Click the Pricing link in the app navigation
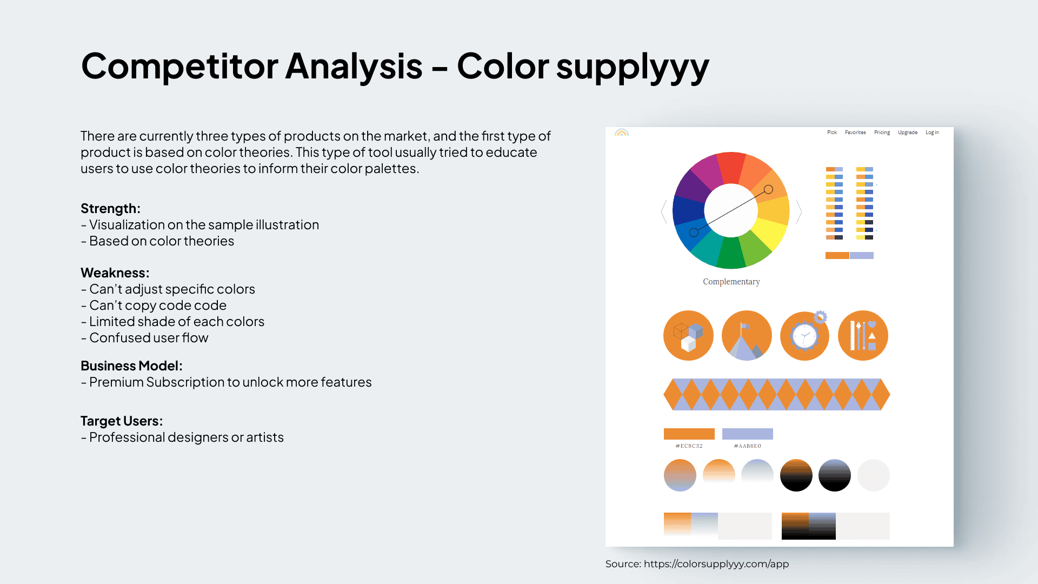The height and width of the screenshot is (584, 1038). pos(882,132)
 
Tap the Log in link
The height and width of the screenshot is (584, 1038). pos(932,132)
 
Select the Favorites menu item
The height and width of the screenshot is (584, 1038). pos(855,132)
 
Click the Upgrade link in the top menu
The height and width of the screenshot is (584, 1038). pos(908,132)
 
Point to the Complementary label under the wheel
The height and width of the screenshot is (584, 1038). pos(731,282)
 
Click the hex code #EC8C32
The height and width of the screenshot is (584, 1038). pos(689,446)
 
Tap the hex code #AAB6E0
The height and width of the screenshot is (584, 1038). pos(748,446)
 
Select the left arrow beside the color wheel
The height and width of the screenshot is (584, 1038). pos(664,211)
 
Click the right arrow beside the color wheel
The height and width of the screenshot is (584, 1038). pos(799,211)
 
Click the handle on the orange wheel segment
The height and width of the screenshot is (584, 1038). pos(768,189)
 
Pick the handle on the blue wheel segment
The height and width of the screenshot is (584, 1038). pos(694,233)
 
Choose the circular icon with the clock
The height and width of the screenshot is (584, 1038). pos(805,336)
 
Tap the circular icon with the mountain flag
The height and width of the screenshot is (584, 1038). pos(747,336)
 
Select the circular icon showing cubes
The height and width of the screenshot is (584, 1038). pos(688,336)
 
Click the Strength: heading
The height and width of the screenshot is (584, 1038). pos(110,209)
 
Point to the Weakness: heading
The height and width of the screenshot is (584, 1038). pos(115,273)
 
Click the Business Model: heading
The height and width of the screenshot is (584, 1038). pos(131,366)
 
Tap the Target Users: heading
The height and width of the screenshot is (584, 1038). pos(122,421)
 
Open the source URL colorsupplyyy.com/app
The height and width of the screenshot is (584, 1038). pos(716,564)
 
